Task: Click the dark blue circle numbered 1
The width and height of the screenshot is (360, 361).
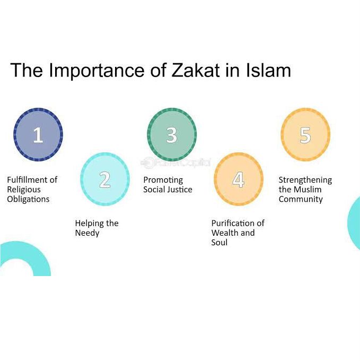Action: click(38, 135)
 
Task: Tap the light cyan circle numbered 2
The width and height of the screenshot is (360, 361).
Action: click(105, 179)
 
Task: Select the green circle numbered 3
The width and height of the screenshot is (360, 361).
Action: click(171, 135)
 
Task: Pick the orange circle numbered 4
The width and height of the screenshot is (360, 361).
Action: click(238, 179)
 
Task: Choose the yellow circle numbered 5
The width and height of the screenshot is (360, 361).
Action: click(305, 135)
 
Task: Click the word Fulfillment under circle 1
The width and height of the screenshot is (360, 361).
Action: click(27, 180)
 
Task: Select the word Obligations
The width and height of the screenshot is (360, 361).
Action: click(28, 199)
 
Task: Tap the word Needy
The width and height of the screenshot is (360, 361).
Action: click(87, 233)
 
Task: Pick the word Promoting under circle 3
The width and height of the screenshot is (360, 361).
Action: click(163, 180)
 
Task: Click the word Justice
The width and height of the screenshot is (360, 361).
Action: click(180, 190)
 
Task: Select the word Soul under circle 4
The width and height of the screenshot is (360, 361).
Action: click(219, 242)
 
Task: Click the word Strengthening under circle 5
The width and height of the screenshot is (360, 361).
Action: click(305, 180)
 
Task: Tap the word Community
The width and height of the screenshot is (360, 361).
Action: click(301, 199)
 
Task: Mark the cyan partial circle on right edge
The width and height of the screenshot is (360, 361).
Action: click(354, 222)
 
